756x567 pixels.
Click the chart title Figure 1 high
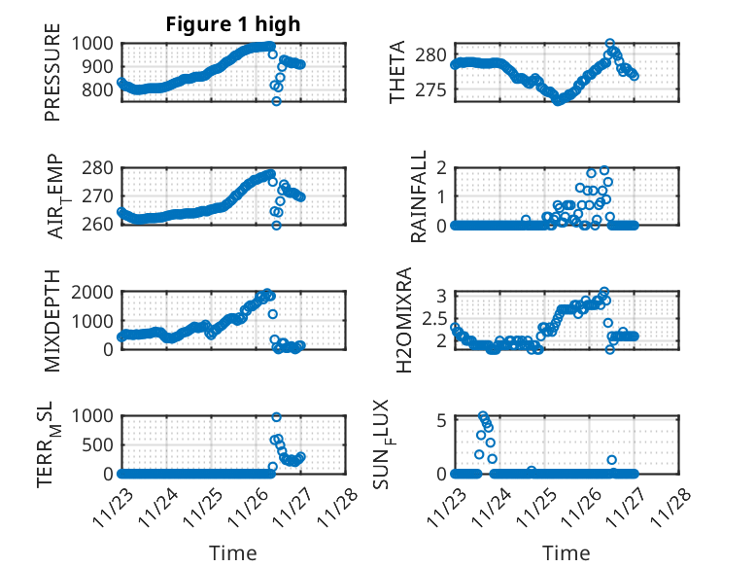point(232,24)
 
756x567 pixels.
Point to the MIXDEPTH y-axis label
point(52,320)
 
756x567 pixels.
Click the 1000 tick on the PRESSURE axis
point(95,44)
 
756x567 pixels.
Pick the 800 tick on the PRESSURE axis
point(100,90)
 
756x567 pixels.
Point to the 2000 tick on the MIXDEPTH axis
point(95,292)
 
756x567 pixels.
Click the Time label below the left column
point(232,553)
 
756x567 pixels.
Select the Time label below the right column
point(566,553)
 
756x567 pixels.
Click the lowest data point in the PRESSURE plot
point(276,101)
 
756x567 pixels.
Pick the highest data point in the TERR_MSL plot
point(276,417)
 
